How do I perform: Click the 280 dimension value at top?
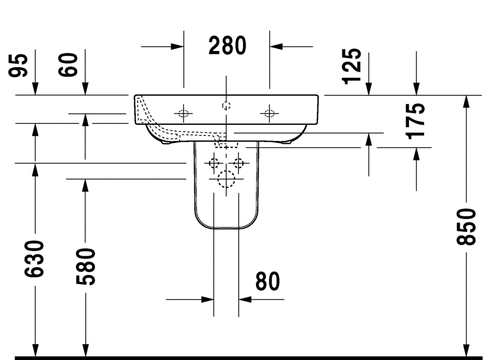(227, 46)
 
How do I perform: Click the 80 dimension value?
(267, 281)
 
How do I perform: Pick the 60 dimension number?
(69, 65)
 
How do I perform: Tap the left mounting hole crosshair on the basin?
(183, 112)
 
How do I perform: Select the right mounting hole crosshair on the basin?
(269, 112)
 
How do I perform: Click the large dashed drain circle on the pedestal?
(226, 179)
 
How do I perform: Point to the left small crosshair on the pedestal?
(213, 163)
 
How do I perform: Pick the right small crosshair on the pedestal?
(239, 163)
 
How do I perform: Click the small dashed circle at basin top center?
(226, 106)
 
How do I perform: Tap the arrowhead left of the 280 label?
(177, 46)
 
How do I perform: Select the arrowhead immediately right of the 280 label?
(276, 46)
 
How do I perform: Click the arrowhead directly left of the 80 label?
(208, 299)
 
